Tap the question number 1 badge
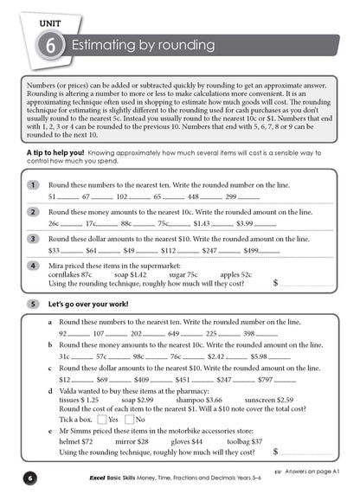coord(32,185)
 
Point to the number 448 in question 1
coord(193,197)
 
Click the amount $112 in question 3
coord(168,250)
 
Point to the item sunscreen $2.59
coord(267,400)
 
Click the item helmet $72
coord(75,440)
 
